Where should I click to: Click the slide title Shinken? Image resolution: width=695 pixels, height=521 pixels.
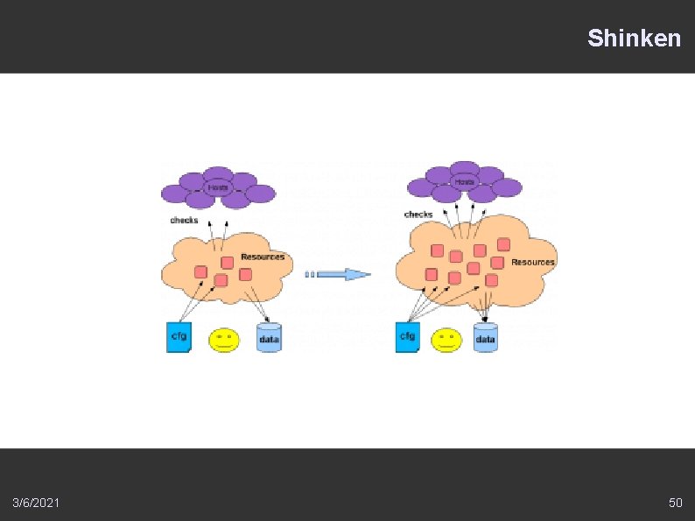634,39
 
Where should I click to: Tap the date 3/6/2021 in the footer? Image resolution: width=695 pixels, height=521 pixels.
37,503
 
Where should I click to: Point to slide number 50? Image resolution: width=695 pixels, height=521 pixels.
675,503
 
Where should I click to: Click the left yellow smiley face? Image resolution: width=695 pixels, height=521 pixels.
224,340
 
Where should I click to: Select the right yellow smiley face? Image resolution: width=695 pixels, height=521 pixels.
447,340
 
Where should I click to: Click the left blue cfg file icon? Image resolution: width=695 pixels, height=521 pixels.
179,337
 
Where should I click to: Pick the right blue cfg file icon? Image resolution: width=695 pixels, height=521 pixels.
407,337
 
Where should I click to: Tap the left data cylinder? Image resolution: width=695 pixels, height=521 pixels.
270,338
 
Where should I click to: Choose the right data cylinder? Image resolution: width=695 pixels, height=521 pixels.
485,338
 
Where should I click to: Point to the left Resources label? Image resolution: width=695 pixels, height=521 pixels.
263,257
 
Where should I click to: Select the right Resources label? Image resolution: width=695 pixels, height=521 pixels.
532,263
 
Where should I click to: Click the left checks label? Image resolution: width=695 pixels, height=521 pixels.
184,221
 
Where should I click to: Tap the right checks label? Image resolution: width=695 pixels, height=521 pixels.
418,215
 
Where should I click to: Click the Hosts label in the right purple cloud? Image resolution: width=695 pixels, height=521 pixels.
464,182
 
